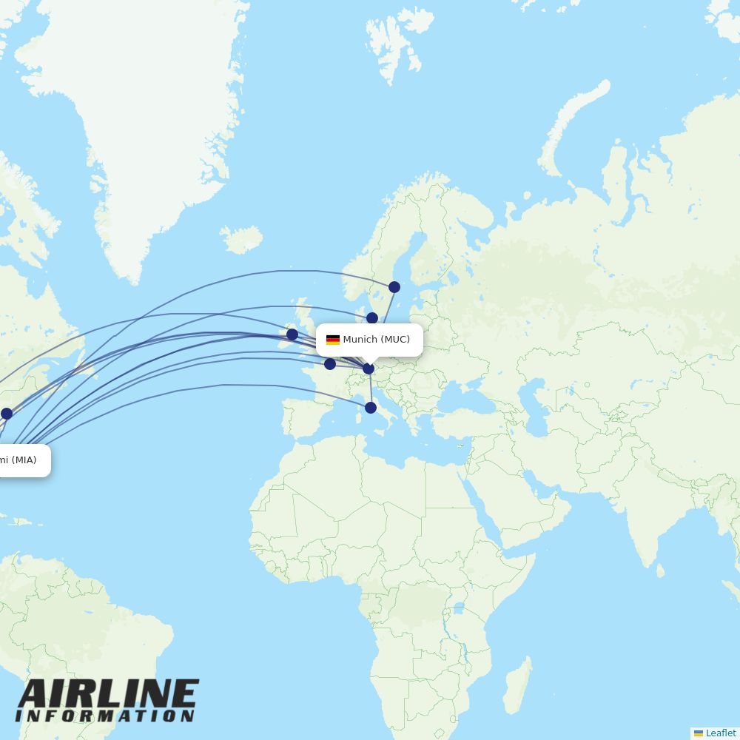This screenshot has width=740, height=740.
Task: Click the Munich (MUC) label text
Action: pyautogui.click(x=376, y=340)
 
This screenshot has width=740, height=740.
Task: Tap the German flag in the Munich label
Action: pyautogui.click(x=333, y=340)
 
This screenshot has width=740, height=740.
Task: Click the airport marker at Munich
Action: pyautogui.click(x=369, y=368)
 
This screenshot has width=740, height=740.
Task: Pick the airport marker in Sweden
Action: pyautogui.click(x=394, y=287)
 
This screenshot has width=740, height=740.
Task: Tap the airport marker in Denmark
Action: pyautogui.click(x=372, y=318)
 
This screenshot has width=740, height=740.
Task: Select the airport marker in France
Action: pyautogui.click(x=330, y=364)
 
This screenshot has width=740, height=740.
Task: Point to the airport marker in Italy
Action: pyautogui.click(x=371, y=408)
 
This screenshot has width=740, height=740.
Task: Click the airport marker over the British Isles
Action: pyautogui.click(x=292, y=334)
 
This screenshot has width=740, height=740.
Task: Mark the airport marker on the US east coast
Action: pyautogui.click(x=7, y=414)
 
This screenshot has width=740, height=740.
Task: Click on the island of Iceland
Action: pyautogui.click(x=241, y=239)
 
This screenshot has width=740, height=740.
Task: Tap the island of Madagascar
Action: pyautogui.click(x=517, y=684)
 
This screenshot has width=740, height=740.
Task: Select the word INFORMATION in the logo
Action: pyautogui.click(x=105, y=716)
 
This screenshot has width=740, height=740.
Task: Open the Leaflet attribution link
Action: pyautogui.click(x=721, y=733)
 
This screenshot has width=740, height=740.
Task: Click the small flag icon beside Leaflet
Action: pyautogui.click(x=699, y=733)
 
